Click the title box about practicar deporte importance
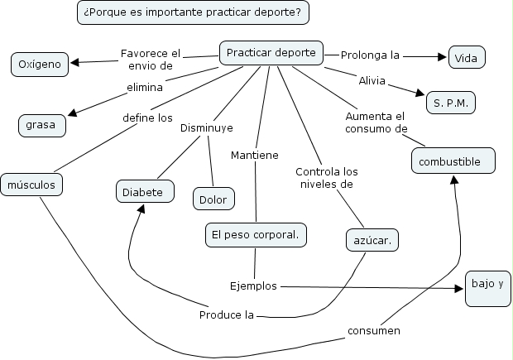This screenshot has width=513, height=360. pyautogui.click(x=194, y=12)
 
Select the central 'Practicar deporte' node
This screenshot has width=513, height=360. pyautogui.click(x=271, y=53)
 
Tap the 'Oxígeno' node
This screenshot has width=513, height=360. pyautogui.click(x=40, y=64)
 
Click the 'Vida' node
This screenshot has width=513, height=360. pyautogui.click(x=466, y=58)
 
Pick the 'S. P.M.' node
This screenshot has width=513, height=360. pyautogui.click(x=450, y=103)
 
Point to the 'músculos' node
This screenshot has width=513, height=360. pyautogui.click(x=31, y=185)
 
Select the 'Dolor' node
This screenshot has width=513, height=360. pyautogui.click(x=213, y=199)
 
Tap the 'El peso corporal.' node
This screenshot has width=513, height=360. pyautogui.click(x=255, y=235)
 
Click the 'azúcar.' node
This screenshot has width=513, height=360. pyautogui.click(x=372, y=240)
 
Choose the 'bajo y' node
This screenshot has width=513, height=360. pyautogui.click(x=487, y=284)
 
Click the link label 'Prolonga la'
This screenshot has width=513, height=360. pyautogui.click(x=370, y=55)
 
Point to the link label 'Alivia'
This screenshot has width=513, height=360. pyautogui.click(x=371, y=80)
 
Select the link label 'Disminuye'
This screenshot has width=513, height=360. pyautogui.click(x=207, y=127)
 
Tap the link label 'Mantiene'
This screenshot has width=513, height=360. pyautogui.click(x=254, y=155)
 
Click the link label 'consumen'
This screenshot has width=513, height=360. pyautogui.click(x=373, y=331)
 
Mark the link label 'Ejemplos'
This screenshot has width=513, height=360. pyautogui.click(x=253, y=286)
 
